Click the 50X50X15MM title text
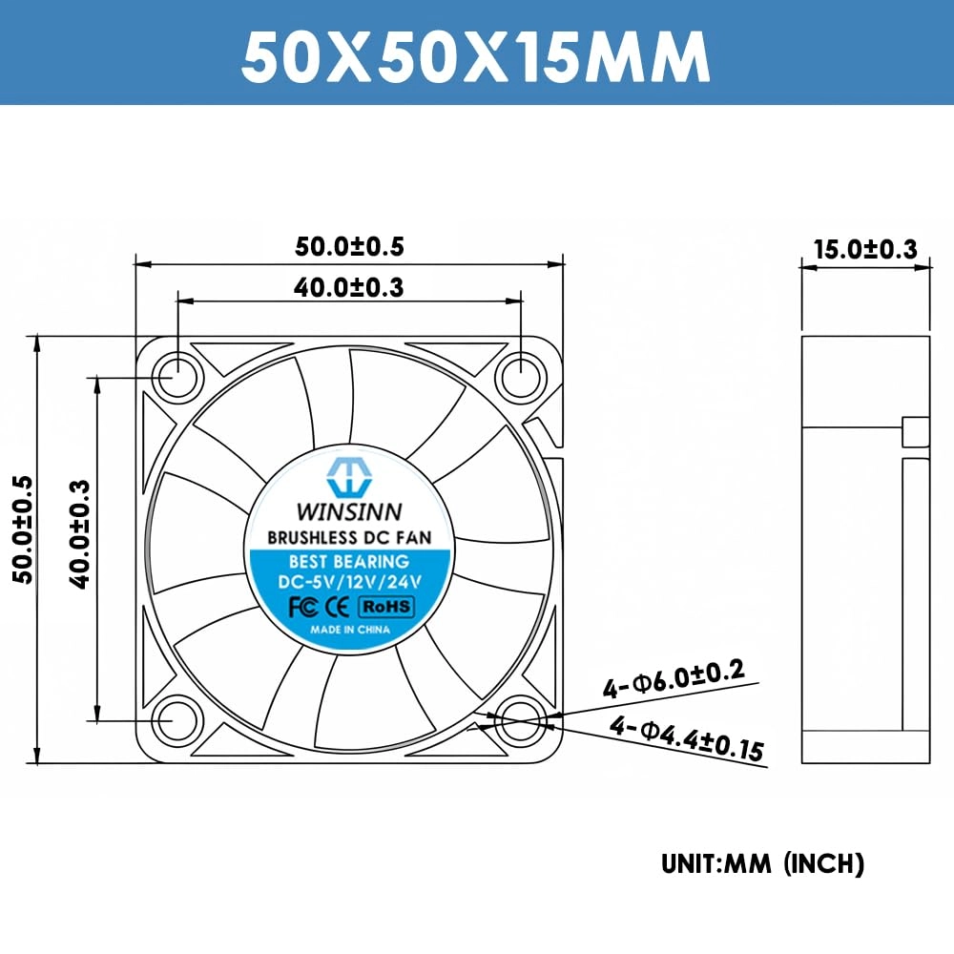coord(475,57)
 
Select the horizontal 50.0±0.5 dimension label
coord(349,247)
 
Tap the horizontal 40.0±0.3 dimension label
coord(349,286)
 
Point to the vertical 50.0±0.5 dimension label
coord(22,530)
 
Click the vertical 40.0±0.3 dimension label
coord(79,533)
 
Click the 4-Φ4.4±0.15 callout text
coord(687,740)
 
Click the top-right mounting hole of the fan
coord(521,375)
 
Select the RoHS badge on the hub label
coord(385,606)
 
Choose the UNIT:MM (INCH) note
coord(762,864)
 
